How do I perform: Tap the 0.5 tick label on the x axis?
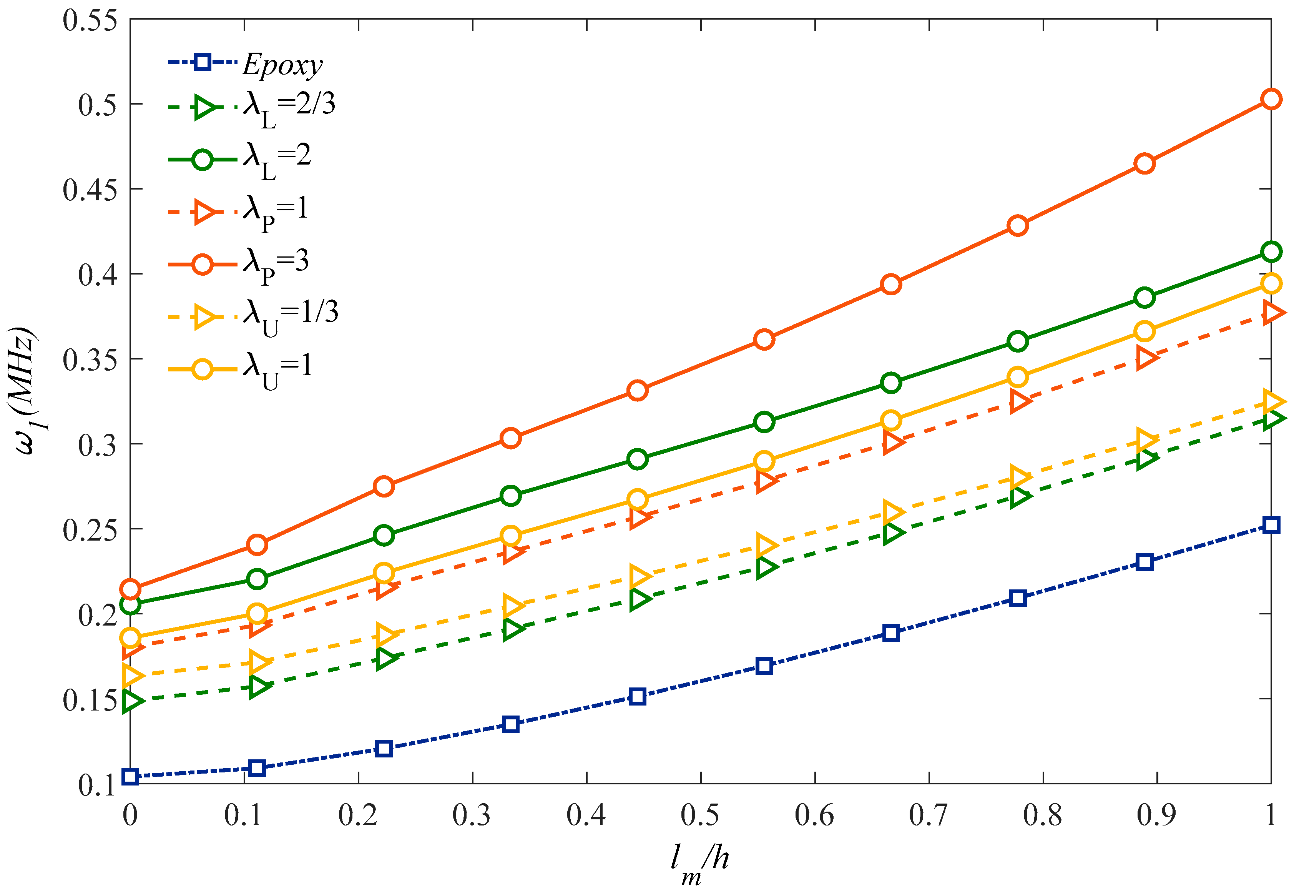(700, 815)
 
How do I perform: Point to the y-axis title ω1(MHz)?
(25, 391)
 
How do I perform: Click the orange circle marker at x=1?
(1271, 100)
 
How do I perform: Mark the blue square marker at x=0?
(130, 776)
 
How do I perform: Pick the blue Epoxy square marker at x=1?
(1271, 525)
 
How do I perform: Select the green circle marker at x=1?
(1271, 252)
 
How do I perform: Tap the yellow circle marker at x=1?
(1271, 284)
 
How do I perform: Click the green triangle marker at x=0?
(132, 701)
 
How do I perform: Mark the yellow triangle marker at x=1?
(1273, 401)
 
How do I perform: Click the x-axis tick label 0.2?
(357, 815)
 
